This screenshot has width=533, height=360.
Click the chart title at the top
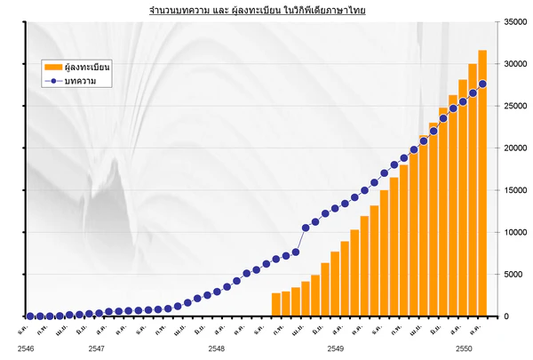(258, 10)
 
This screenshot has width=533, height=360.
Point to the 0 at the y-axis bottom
(505, 316)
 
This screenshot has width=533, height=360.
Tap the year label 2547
(98, 349)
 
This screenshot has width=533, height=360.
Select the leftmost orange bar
(276, 305)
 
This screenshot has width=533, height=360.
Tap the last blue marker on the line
(482, 84)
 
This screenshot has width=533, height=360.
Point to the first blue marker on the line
(30, 316)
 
